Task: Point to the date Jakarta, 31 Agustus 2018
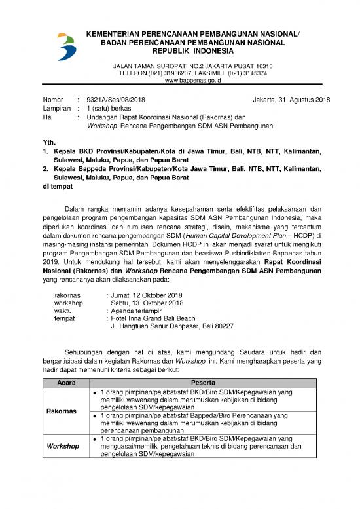point(291,100)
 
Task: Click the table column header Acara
point(66,381)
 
